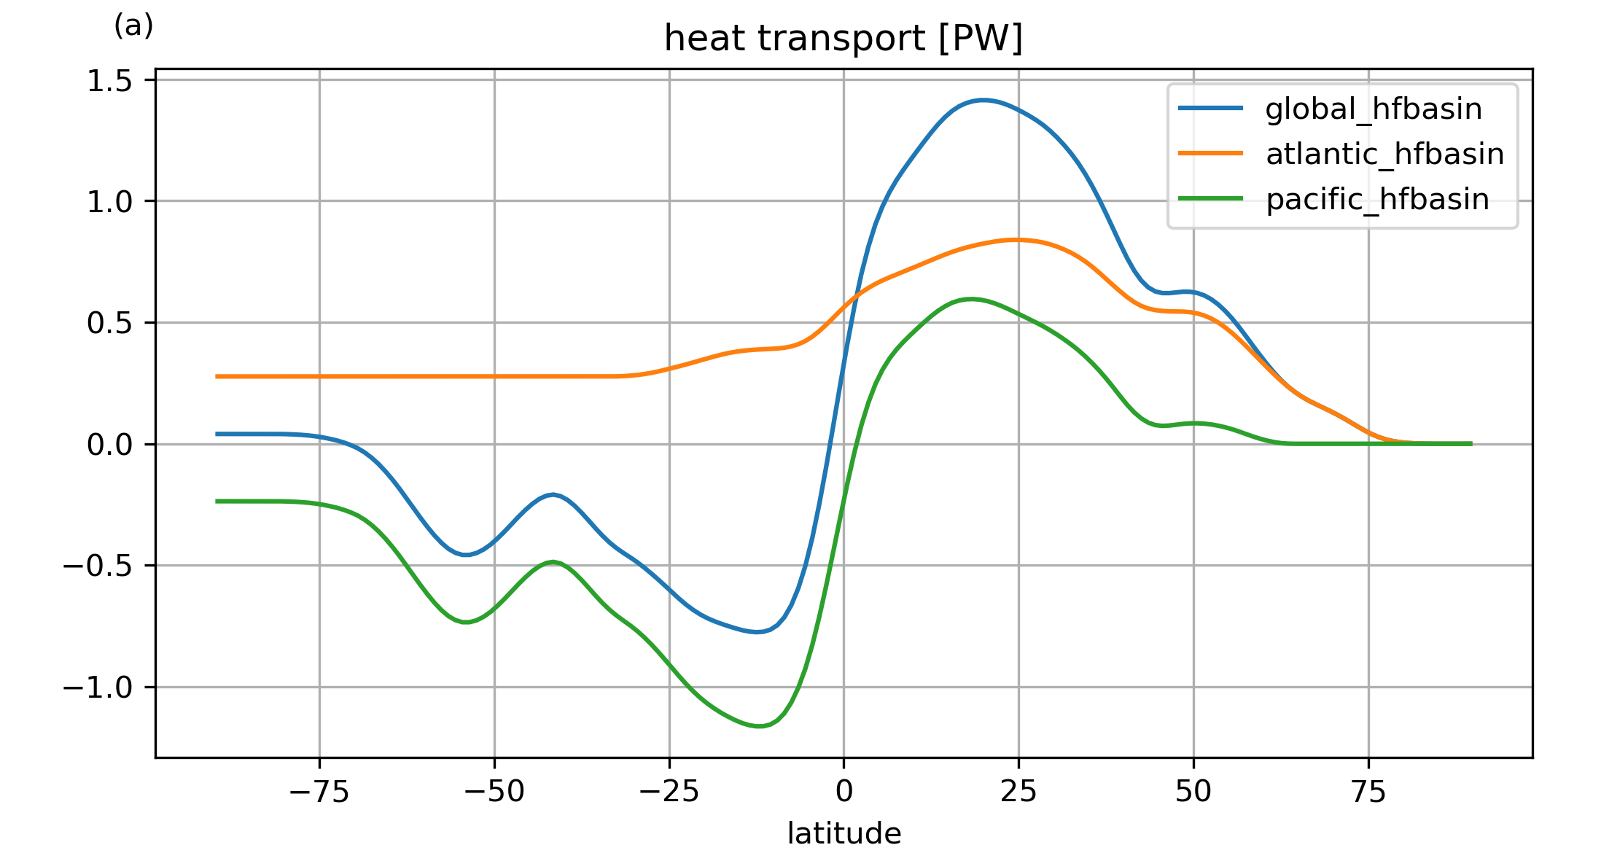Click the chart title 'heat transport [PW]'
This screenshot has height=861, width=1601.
[844, 39]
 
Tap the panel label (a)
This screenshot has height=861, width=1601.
[133, 26]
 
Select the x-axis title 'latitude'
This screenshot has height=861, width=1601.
[844, 833]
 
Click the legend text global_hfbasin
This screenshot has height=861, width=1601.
[1374, 109]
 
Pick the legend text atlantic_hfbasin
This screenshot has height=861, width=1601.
[1384, 155]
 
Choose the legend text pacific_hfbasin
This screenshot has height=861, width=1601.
[1377, 199]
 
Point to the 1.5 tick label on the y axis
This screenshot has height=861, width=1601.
[109, 81]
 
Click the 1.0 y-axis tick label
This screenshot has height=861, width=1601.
[109, 202]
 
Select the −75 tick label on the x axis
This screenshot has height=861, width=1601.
[319, 791]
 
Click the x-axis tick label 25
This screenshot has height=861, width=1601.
[1018, 791]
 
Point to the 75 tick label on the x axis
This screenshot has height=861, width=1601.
[1368, 791]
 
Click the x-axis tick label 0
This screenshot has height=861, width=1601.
[844, 791]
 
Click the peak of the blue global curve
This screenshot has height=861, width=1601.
[983, 100]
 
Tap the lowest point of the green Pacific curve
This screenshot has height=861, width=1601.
[759, 726]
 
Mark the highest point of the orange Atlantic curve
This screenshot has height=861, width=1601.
[1016, 239]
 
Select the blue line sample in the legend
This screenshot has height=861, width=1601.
[1210, 109]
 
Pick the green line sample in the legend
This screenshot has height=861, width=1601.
[1210, 199]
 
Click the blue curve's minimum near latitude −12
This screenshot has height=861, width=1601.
[758, 632]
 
